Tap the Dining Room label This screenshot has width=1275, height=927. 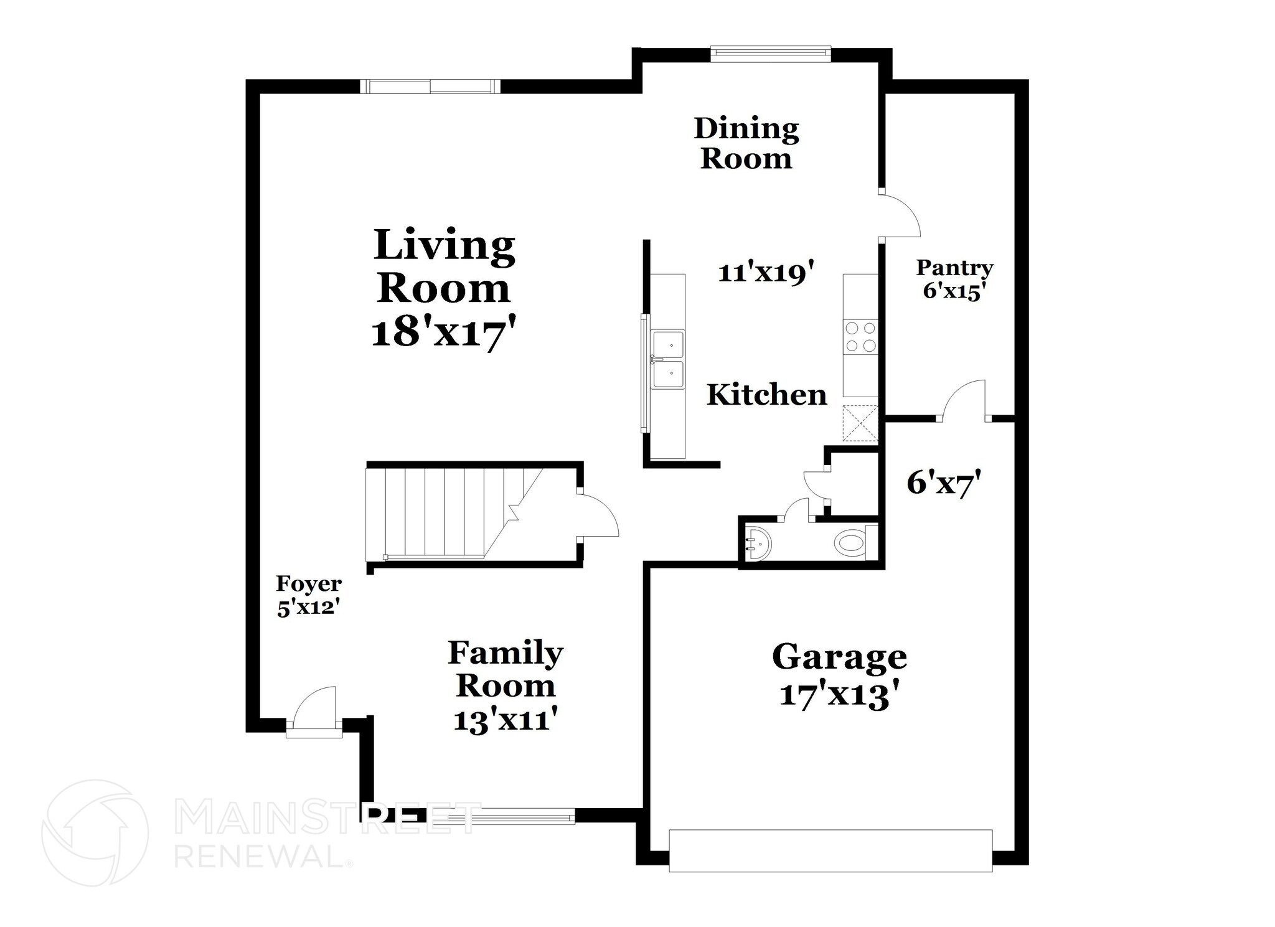746,143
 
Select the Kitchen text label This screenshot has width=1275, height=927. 766,395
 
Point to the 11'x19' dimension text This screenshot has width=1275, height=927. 766,273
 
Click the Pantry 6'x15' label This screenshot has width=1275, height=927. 954,280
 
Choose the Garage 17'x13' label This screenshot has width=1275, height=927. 839,675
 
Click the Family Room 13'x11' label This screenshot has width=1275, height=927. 505,685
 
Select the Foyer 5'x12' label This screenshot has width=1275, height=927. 309,595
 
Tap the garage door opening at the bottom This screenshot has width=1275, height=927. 830,850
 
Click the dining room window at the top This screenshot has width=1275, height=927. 770,54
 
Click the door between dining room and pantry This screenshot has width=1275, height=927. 898,215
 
